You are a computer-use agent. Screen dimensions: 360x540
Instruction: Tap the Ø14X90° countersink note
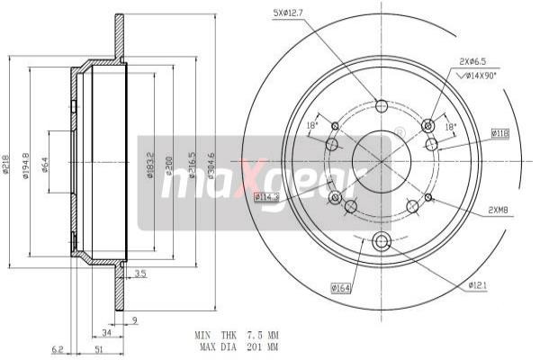pos(485,76)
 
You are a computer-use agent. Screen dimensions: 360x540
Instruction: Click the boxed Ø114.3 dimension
pos(266,196)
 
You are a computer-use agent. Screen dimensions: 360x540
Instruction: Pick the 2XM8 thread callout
pos(499,211)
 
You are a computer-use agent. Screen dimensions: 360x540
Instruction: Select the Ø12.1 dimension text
pos(477,285)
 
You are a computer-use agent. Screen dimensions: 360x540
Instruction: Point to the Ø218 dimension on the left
pos(6,166)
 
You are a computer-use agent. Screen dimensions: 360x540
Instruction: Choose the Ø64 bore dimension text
pos(44,166)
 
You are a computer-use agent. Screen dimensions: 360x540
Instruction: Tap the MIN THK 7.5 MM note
pos(237,335)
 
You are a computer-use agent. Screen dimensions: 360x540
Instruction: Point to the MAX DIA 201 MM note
pos(237,346)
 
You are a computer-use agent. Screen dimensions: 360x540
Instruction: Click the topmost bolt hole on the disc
pos(380,105)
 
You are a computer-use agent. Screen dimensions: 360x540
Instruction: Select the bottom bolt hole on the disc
pos(380,240)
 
